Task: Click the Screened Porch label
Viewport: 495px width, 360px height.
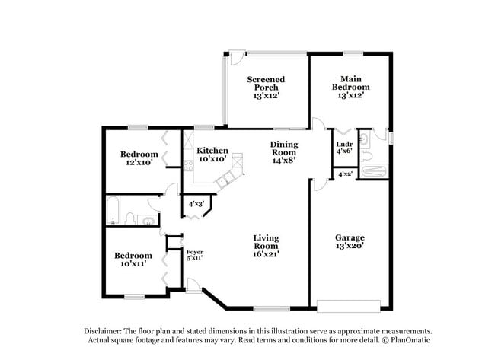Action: pyautogui.click(x=266, y=88)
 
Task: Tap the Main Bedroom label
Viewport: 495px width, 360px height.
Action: pyautogui.click(x=350, y=87)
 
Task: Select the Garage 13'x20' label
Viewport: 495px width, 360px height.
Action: pyautogui.click(x=350, y=242)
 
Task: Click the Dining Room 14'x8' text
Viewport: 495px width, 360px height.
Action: pyautogui.click(x=283, y=152)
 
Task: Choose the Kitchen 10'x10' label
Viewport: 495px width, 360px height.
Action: pyautogui.click(x=213, y=155)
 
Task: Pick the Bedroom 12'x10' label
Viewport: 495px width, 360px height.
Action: pyautogui.click(x=139, y=158)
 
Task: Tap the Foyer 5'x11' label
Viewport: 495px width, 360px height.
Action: pyautogui.click(x=194, y=254)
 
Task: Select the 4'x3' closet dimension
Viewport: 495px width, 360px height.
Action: pyautogui.click(x=196, y=203)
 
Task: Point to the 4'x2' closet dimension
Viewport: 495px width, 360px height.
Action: pyautogui.click(x=344, y=174)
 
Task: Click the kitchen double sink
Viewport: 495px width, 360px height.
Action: pyautogui.click(x=225, y=180)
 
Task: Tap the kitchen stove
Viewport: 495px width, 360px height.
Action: pyautogui.click(x=238, y=161)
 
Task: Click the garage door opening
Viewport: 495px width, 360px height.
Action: pyautogui.click(x=350, y=307)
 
